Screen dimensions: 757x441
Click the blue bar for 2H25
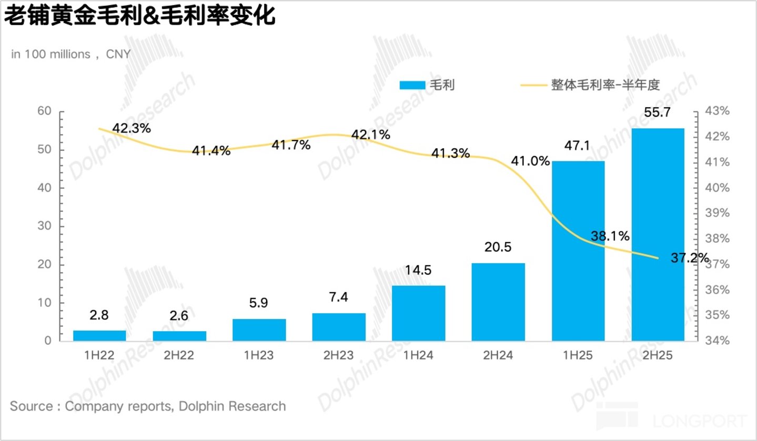tap(658, 234)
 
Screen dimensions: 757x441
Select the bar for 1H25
tap(578, 251)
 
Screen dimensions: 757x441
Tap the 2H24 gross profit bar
tap(498, 302)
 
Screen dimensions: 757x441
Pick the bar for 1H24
tap(418, 313)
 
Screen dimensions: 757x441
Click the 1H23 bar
tap(259, 330)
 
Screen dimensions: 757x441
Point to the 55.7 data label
tap(657, 112)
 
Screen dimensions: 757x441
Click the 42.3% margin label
tap(132, 128)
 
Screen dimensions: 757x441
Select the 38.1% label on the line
tap(610, 236)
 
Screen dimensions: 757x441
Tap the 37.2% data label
tap(690, 258)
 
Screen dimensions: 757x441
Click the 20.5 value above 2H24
tap(498, 247)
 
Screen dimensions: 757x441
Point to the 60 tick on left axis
tap(44, 111)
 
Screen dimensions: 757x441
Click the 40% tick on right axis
tap(717, 188)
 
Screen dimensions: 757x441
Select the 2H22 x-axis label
tap(179, 355)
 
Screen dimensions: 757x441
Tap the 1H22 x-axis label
tap(99, 355)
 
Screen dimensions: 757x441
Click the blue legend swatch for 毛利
tap(412, 85)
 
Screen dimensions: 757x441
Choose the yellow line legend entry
tap(590, 85)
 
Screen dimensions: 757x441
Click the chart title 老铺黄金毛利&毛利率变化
tap(139, 16)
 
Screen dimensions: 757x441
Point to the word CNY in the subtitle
tap(118, 54)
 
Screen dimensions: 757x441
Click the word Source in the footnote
tap(31, 406)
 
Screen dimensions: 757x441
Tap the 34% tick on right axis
tap(717, 341)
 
